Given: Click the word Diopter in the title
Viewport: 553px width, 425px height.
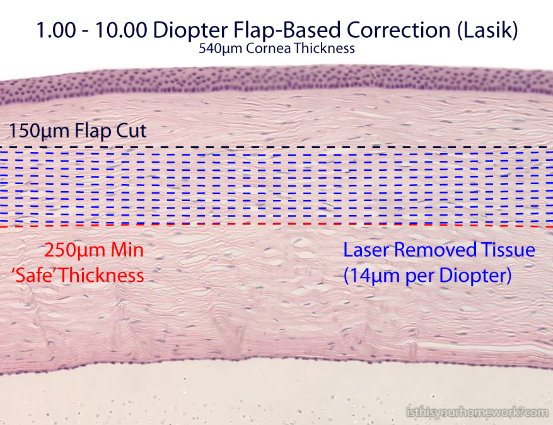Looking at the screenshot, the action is tap(190, 30).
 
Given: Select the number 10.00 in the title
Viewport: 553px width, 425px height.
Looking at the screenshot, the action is tap(121, 30).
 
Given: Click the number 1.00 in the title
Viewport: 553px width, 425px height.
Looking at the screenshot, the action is tap(56, 30).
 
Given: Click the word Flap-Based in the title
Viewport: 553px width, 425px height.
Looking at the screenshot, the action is tap(288, 30).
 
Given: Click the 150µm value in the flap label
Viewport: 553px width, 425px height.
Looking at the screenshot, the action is tap(39, 131).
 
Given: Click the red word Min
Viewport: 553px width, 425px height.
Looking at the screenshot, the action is tap(127, 250).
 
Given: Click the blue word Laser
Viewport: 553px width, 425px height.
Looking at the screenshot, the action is tap(366, 250).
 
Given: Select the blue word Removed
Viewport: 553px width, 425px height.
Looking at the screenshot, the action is tap(436, 250).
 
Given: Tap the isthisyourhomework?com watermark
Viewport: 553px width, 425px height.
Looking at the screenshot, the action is tap(477, 412).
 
